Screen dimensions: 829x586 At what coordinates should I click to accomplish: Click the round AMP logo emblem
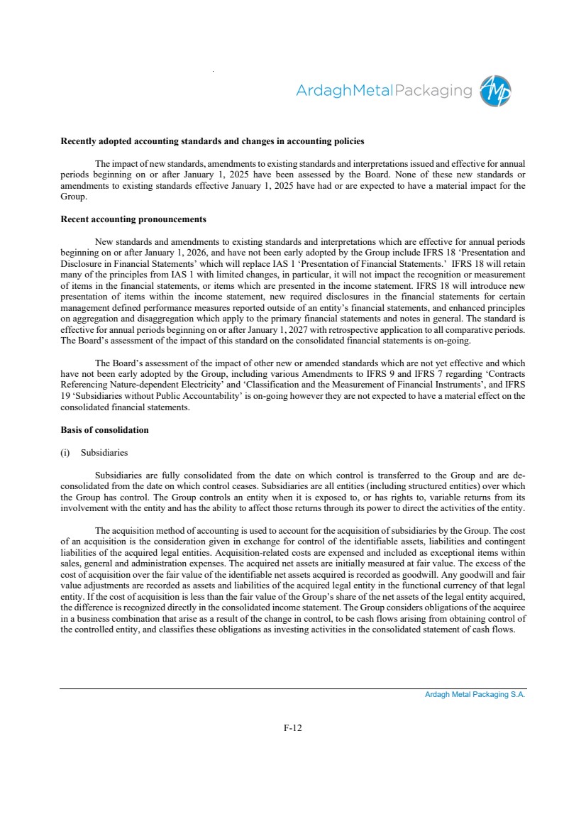[495, 91]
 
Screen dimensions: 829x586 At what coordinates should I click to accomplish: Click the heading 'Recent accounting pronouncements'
[133, 219]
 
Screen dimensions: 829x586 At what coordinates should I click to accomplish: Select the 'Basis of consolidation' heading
[105, 430]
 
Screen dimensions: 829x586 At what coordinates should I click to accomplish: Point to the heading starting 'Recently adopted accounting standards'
[213, 141]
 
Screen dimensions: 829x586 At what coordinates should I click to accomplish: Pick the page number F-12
[293, 728]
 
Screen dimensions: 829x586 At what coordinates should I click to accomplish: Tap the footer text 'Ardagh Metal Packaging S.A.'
[475, 695]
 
